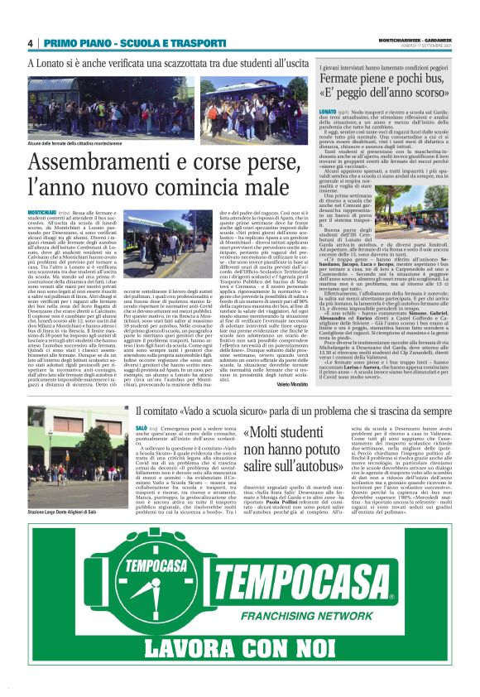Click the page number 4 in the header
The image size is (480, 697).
tap(30, 43)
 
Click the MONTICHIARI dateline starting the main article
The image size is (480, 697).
tap(45, 214)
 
